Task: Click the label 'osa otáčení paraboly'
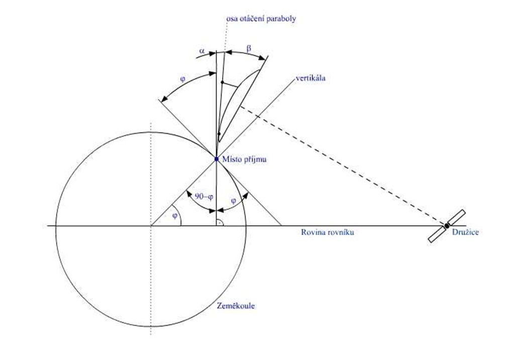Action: click(261, 19)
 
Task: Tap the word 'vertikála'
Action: click(311, 78)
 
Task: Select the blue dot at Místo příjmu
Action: click(217, 159)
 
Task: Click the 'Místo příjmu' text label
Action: click(244, 159)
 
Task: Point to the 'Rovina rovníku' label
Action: click(328, 232)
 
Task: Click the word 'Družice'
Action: click(465, 232)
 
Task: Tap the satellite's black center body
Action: click(447, 226)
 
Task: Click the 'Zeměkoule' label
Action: click(236, 306)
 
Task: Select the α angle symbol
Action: click(202, 51)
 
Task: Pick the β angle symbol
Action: click(249, 49)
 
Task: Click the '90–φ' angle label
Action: click(204, 196)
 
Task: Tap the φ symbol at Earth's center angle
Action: click(175, 216)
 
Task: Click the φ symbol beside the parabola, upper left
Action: click(182, 79)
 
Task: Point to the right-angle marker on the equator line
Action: click(220, 222)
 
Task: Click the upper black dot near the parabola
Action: click(222, 82)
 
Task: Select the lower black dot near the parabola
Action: click(219, 133)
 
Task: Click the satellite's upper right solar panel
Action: click(457, 217)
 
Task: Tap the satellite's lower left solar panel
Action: click(436, 235)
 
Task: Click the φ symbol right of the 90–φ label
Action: click(234, 201)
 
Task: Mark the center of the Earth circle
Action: click(151, 226)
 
